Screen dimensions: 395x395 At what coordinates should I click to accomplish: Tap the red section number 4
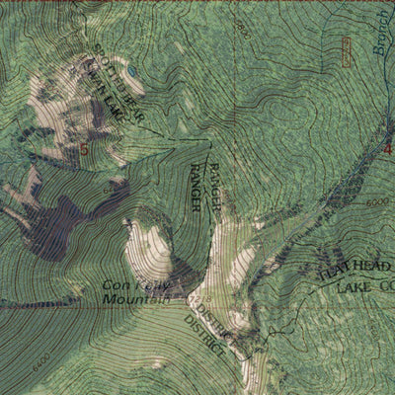pyautogui.click(x=388, y=150)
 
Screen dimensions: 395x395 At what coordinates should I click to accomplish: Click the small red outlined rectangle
pyautogui.click(x=345, y=51)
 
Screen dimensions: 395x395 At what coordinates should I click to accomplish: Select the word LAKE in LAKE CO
pyautogui.click(x=352, y=287)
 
